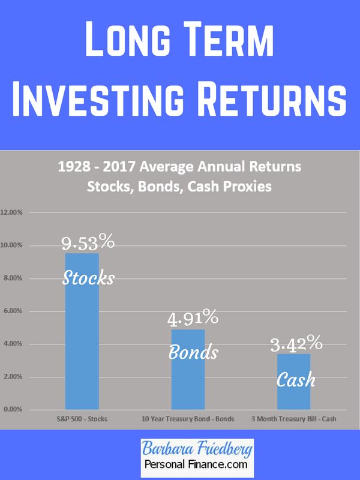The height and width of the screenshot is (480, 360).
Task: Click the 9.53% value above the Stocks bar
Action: (88, 242)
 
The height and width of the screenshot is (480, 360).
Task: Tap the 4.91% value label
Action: (193, 317)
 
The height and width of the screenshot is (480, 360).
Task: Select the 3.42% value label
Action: (296, 343)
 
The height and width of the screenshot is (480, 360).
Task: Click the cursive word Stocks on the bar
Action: (88, 278)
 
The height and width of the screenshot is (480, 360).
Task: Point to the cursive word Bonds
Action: (193, 352)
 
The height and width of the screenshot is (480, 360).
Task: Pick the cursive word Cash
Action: (296, 379)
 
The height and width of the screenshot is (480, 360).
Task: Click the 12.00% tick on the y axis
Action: (11, 212)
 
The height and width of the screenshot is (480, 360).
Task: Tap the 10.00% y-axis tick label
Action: (11, 245)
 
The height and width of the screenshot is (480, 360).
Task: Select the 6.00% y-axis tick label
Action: (13, 311)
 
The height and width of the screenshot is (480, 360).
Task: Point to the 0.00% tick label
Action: (13, 409)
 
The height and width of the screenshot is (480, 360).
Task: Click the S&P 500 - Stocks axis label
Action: (82, 419)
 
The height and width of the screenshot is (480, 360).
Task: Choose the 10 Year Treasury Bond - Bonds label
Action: (188, 419)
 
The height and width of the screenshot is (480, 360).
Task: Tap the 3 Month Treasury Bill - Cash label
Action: (294, 419)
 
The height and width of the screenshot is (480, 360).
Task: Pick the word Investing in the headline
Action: (98, 98)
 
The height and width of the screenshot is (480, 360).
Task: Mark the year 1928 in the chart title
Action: (74, 167)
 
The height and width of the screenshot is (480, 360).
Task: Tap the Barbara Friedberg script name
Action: (197, 449)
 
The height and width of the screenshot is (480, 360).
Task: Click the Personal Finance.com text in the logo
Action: (196, 464)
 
